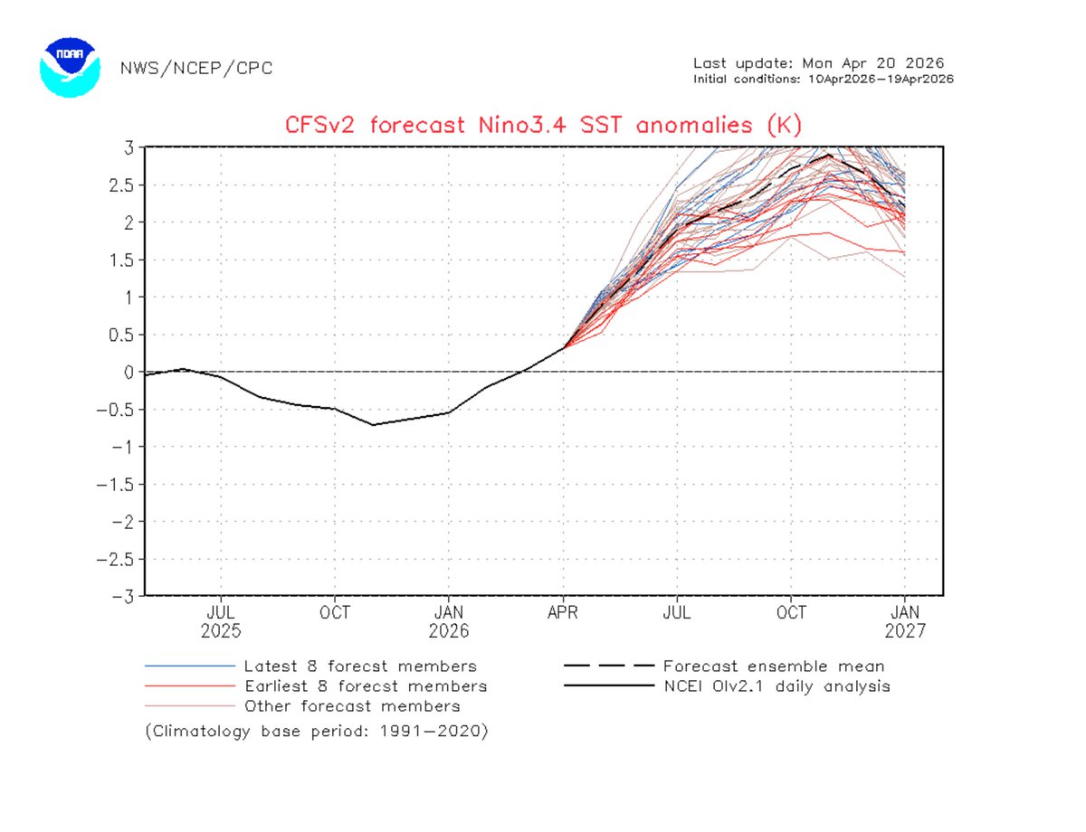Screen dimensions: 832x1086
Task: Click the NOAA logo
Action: point(68,67)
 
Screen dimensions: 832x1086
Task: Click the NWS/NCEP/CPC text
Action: point(195,68)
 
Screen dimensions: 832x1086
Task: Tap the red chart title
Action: point(544,124)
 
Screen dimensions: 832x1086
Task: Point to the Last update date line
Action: point(818,63)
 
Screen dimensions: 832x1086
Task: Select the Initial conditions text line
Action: point(823,79)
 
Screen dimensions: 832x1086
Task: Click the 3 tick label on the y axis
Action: point(129,147)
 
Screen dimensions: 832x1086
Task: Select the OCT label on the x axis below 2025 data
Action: point(335,612)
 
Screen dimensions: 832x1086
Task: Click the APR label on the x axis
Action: point(563,612)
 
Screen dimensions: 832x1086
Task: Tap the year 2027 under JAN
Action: point(905,630)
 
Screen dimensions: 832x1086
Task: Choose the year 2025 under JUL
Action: point(221,630)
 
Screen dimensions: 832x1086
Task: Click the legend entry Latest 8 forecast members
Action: point(359,667)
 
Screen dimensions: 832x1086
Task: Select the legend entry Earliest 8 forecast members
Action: point(365,686)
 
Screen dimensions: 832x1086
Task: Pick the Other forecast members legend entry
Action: point(351,706)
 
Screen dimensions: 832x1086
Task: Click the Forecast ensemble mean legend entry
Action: point(773,667)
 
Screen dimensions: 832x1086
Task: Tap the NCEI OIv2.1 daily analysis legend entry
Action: point(776,686)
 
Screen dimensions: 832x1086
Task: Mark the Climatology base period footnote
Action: point(316,732)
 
